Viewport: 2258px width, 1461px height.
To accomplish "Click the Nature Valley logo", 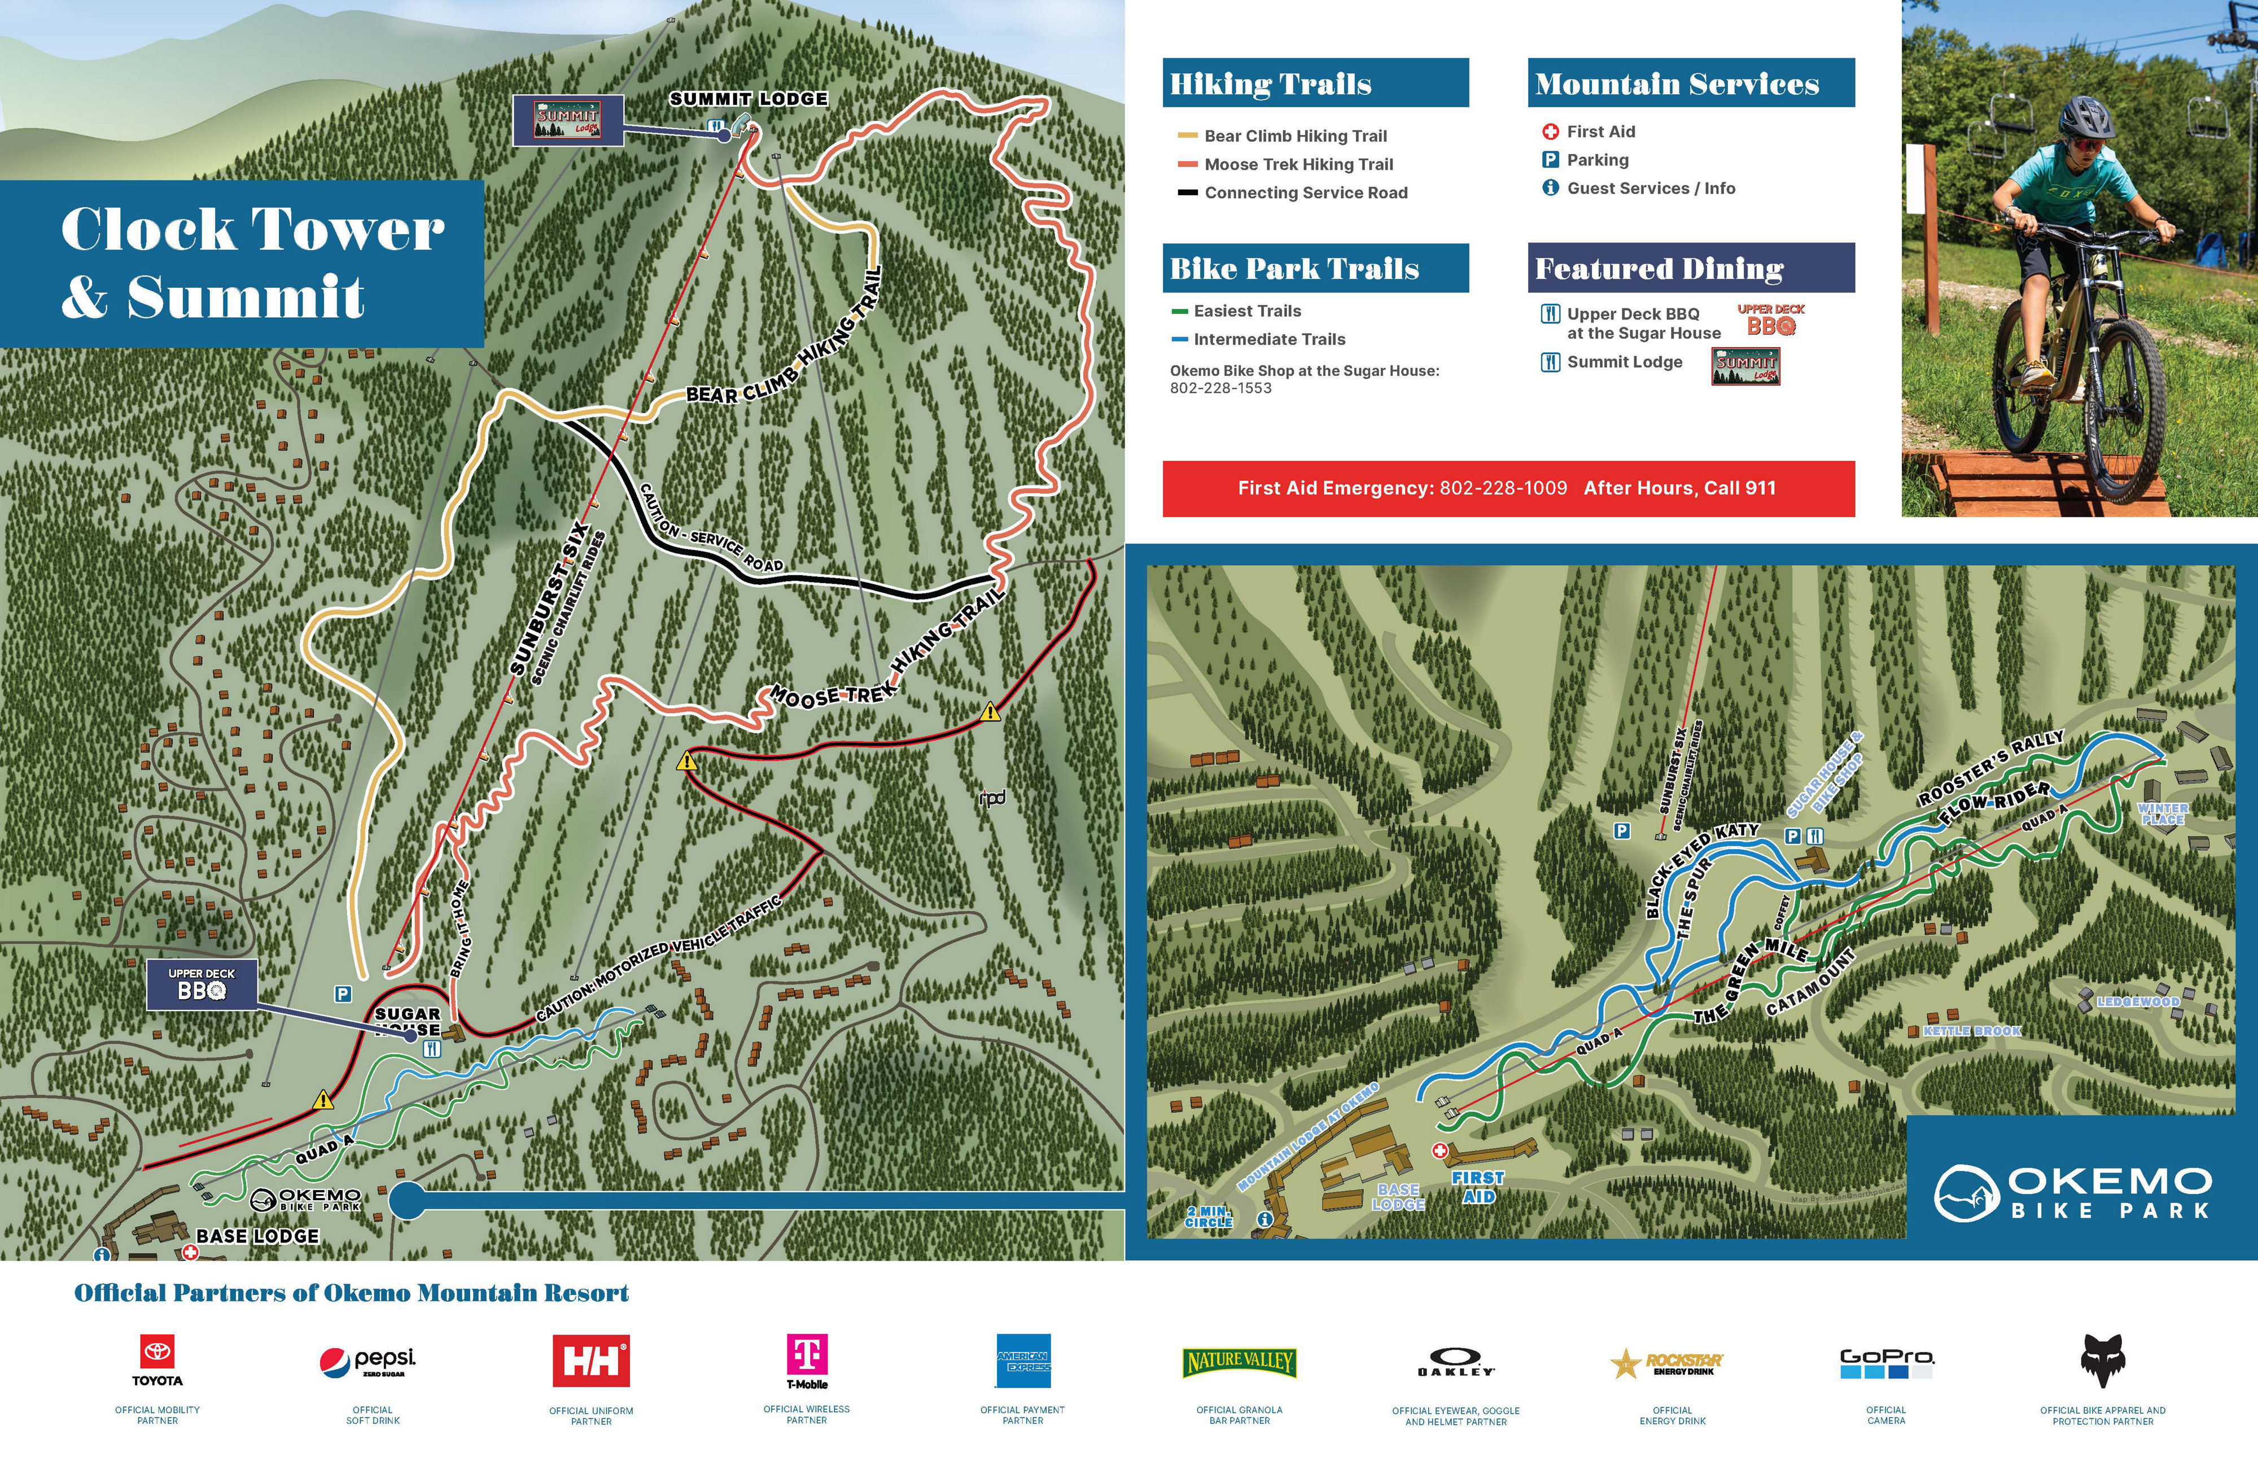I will pyautogui.click(x=1239, y=1362).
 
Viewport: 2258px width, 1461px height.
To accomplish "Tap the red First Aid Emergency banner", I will pyautogui.click(x=1508, y=488).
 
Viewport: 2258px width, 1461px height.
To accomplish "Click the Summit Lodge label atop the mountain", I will pyautogui.click(x=749, y=99).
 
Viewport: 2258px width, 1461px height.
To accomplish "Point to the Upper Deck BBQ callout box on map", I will pyautogui.click(x=201, y=985).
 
